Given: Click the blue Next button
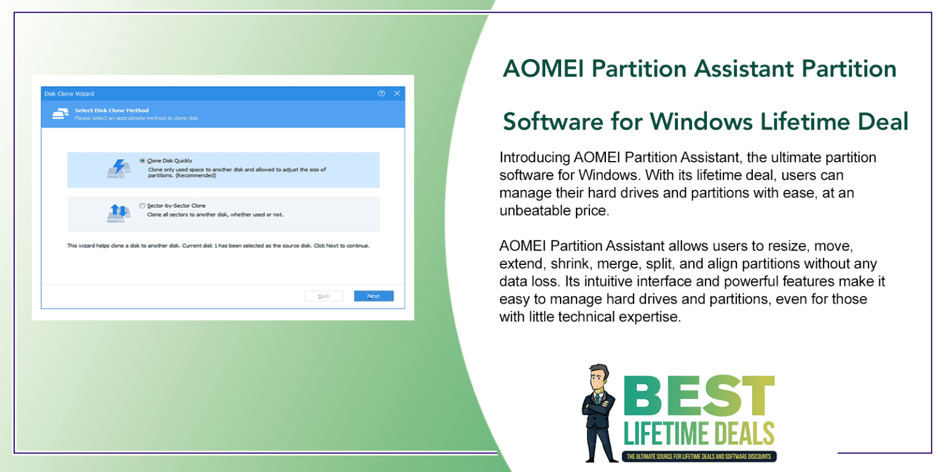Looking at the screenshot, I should click(374, 296).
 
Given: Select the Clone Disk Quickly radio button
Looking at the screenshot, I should click(143, 160).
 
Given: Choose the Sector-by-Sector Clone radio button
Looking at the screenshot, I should click(143, 206).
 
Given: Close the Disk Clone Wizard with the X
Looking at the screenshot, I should click(397, 93).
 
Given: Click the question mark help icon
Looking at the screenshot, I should click(381, 93).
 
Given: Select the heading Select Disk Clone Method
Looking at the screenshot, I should click(111, 111).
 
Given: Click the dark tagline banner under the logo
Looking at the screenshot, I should click(699, 457).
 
